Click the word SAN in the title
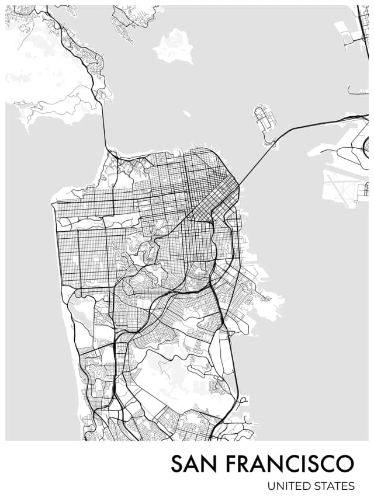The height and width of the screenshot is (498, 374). click(195, 464)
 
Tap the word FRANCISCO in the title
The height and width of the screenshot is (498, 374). click(290, 464)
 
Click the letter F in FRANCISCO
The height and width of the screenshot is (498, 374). click(233, 464)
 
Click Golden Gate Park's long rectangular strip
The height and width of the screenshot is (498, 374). click(99, 221)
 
